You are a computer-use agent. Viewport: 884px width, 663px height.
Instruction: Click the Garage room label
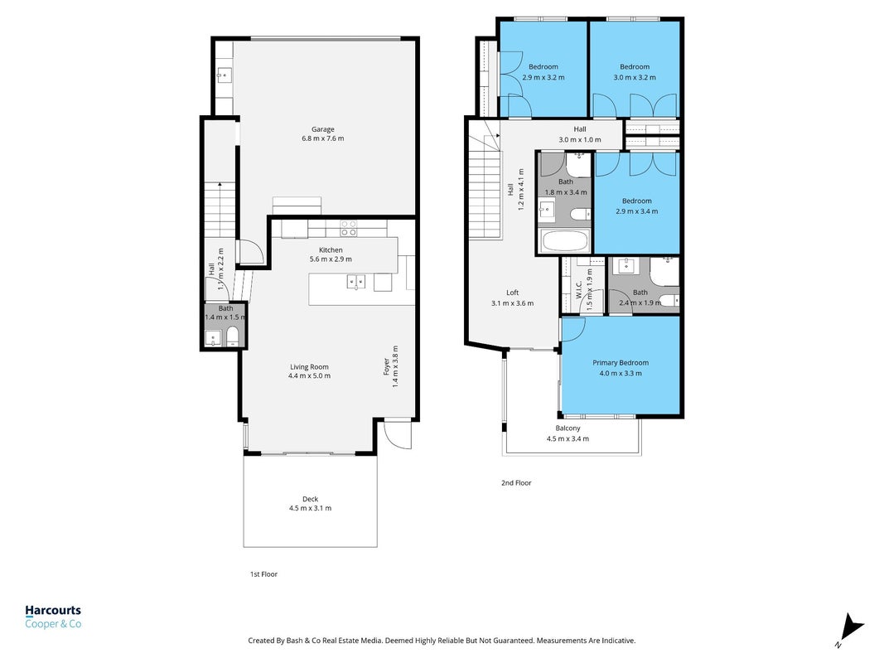point(323,129)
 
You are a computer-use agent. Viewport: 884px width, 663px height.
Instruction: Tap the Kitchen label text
point(331,249)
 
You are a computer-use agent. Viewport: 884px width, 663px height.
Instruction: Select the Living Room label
point(309,366)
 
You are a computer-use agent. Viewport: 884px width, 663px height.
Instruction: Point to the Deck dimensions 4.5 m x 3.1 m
point(310,508)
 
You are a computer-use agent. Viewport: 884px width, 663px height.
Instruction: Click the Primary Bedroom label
point(621,362)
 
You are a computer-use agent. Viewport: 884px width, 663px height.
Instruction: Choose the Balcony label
point(568,428)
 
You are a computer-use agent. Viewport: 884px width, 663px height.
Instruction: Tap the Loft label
point(513,293)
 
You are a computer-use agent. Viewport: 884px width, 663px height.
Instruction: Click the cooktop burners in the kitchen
point(349,229)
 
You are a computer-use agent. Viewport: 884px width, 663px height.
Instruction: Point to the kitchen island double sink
point(355,281)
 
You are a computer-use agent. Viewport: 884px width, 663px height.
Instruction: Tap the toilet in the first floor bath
point(232,336)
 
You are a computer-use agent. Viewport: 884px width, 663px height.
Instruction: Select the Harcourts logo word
point(53,610)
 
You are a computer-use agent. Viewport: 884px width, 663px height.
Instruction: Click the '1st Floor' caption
point(263,574)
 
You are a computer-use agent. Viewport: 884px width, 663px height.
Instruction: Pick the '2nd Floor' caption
point(516,482)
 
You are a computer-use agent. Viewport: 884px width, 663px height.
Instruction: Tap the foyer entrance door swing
point(398,433)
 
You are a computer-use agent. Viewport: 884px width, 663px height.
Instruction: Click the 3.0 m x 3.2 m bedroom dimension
point(635,77)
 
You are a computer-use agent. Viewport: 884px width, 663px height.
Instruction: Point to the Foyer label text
point(387,366)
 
